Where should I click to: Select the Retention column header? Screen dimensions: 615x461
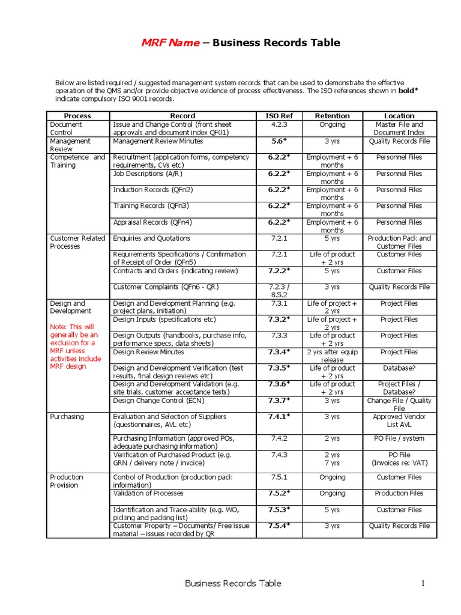[x=332, y=115]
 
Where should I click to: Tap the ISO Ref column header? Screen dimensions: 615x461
[x=279, y=115]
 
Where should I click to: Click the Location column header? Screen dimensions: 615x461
[x=399, y=115]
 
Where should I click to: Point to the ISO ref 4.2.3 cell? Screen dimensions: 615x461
[x=279, y=125]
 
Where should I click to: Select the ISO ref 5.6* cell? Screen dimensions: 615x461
[x=279, y=141]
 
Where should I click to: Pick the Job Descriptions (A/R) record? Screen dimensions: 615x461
[x=147, y=174]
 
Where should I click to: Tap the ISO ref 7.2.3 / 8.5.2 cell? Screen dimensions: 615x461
[x=279, y=291]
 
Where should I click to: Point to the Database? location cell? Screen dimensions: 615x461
[x=399, y=368]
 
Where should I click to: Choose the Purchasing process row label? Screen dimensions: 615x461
[x=67, y=417]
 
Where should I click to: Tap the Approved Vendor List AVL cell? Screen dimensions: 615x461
[x=399, y=420]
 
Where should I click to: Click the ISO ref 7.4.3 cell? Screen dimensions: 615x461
[x=279, y=455]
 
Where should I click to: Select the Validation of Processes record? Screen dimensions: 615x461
[x=148, y=494]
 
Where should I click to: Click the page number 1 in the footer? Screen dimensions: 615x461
[x=423, y=583]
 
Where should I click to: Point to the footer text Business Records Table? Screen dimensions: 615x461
[x=232, y=583]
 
